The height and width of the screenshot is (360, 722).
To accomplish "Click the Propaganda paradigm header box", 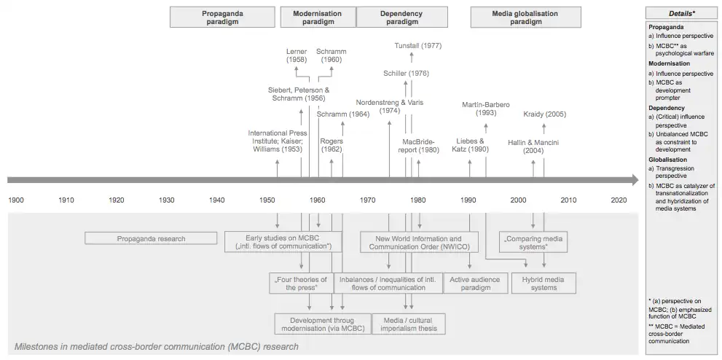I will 222,17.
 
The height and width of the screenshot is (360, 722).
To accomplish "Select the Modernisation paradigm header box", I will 318,17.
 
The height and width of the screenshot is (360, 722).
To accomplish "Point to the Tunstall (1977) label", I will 417,45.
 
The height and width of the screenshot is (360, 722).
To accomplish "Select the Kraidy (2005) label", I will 544,114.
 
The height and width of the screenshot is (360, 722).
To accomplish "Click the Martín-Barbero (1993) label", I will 486,109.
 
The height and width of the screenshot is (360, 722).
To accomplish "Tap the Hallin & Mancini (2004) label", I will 533,146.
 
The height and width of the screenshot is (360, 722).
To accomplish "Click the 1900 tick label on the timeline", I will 16,200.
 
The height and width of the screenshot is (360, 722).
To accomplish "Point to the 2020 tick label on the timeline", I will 619,200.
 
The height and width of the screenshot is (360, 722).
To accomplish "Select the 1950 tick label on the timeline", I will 267,200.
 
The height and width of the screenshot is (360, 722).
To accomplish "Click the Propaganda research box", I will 151,238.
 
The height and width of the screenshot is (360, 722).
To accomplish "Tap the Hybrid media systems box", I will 544,283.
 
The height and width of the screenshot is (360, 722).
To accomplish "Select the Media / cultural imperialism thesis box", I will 409,324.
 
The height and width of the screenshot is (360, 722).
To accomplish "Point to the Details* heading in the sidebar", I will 681,13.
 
